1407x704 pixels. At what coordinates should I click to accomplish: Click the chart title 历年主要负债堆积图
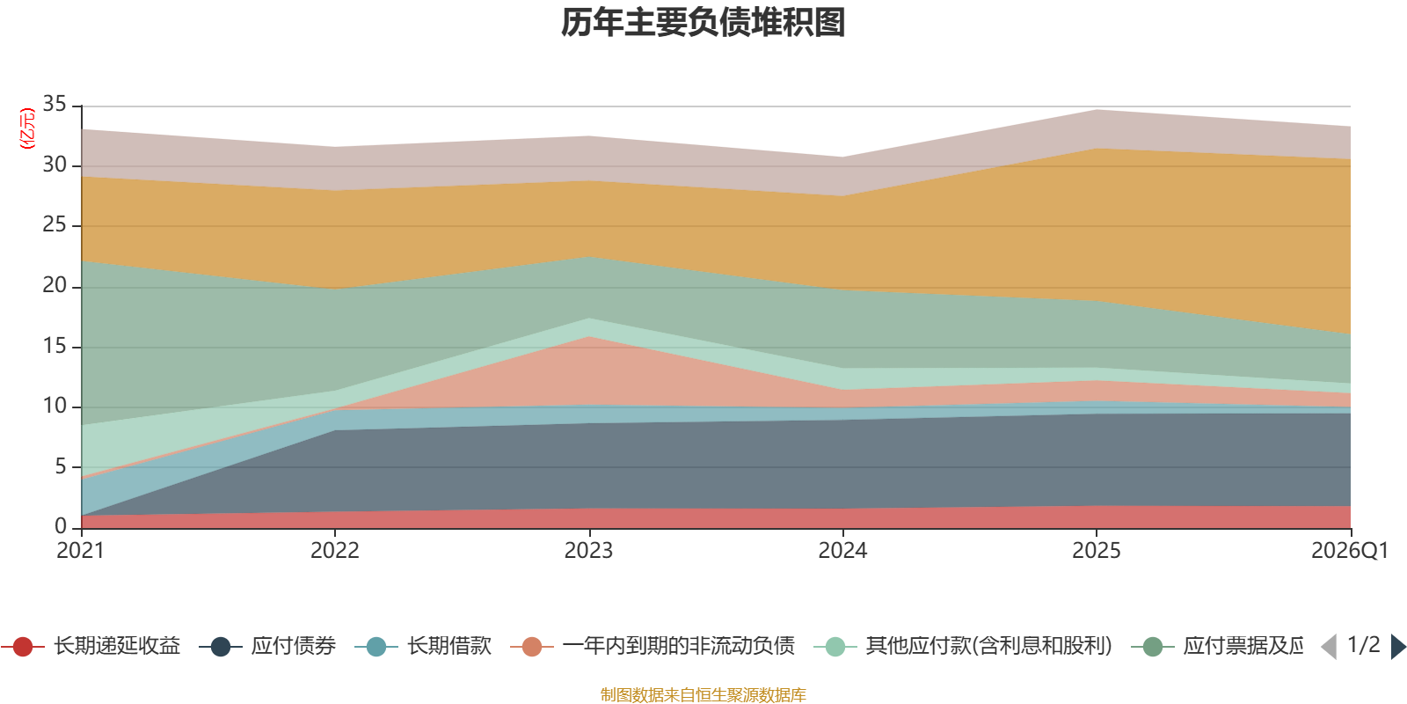[x=703, y=23]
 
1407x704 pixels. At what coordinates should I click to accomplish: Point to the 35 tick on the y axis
[x=55, y=104]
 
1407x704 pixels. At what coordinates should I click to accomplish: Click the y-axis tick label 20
[x=55, y=285]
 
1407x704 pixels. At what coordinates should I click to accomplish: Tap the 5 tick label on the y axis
[x=60, y=466]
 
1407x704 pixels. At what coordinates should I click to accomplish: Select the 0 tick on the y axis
[x=60, y=526]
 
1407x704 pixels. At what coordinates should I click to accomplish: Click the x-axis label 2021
[x=80, y=551]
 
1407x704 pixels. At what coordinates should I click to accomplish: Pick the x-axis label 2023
[x=588, y=551]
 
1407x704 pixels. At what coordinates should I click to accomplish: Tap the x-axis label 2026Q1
[x=1349, y=551]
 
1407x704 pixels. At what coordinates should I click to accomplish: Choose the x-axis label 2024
[x=842, y=551]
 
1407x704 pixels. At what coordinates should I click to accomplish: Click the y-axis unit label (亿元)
[x=27, y=128]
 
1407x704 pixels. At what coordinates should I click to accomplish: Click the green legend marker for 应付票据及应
[x=1153, y=647]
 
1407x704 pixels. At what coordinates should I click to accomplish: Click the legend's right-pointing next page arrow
[x=1397, y=647]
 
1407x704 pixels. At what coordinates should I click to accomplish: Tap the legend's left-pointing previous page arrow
[x=1329, y=647]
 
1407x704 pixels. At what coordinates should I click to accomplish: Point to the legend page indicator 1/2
[x=1363, y=645]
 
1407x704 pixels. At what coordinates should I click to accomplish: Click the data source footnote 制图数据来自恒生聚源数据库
[x=703, y=695]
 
